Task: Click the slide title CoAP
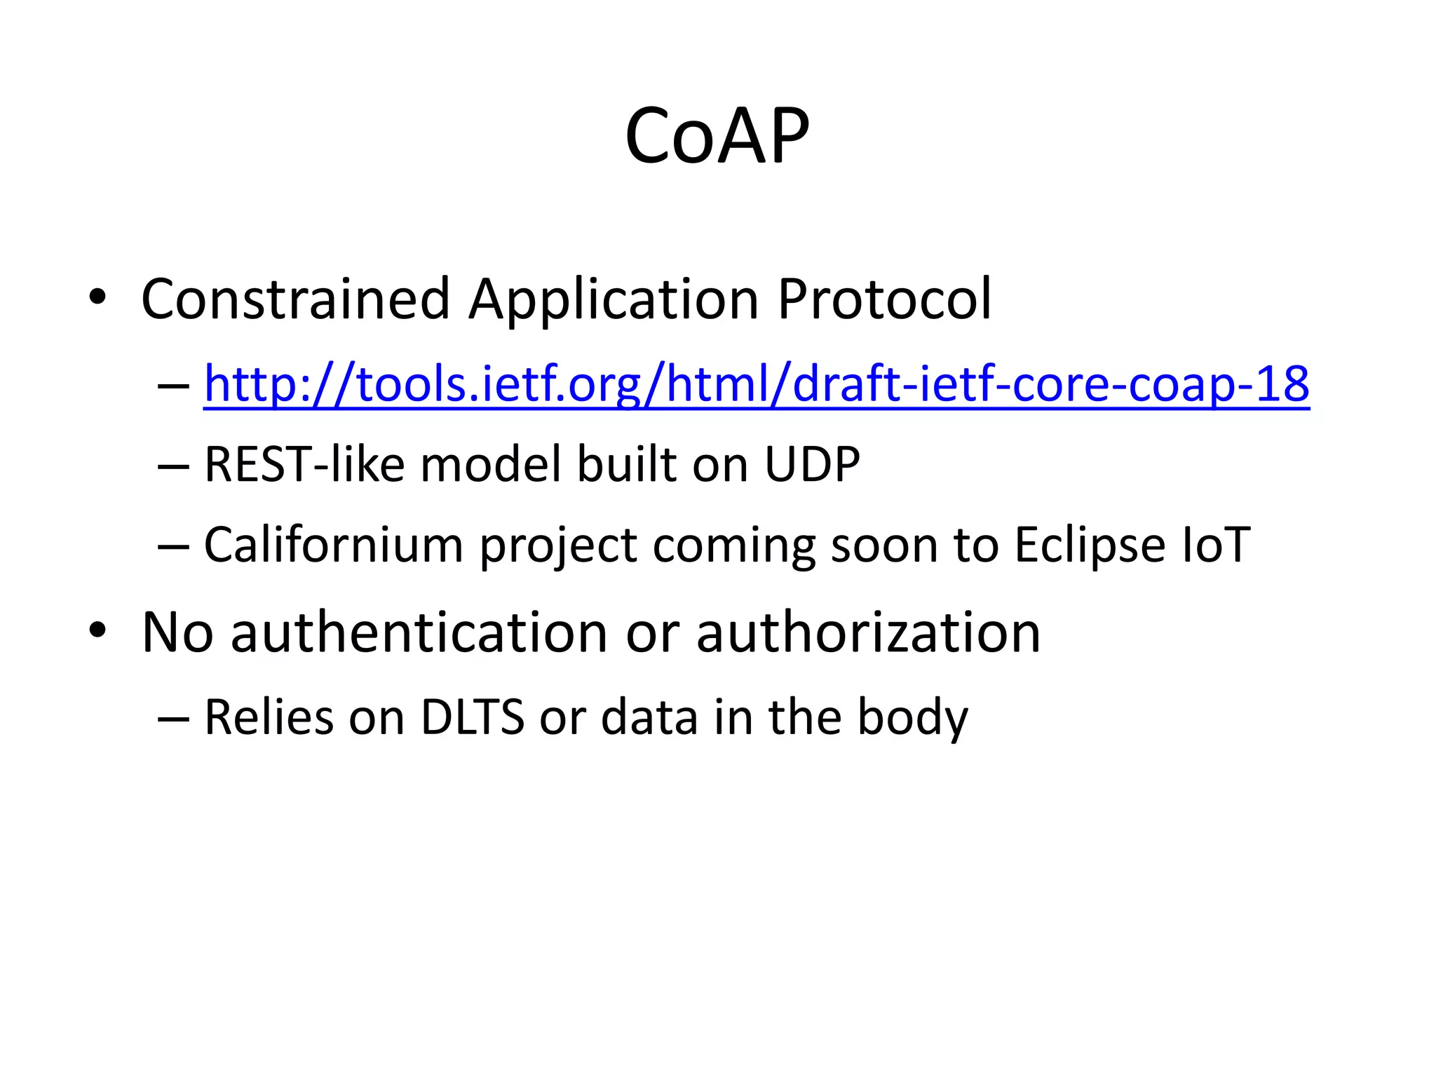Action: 717,135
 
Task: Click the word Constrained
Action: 294,299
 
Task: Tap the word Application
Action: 614,299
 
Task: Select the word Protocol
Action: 884,299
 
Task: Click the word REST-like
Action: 304,464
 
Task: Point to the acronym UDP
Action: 812,464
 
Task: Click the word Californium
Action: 334,545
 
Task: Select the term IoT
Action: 1215,545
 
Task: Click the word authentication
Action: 419,632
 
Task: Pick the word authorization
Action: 868,632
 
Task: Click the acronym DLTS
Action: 472,717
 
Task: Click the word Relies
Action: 269,717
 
